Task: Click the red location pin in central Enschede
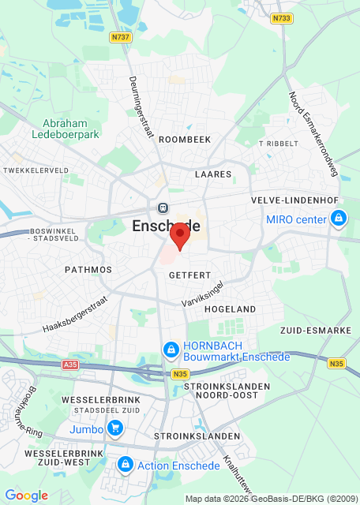coord(180,235)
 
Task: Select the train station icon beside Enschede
coord(163,208)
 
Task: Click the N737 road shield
coord(121,36)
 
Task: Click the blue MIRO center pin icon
coord(339,218)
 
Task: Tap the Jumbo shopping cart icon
coord(116,429)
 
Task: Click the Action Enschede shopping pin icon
coord(124,465)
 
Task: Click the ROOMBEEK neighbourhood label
coord(186,139)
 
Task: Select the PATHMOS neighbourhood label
coord(88,269)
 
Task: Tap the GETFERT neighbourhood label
coord(189,275)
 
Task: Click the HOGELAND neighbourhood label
coord(231,309)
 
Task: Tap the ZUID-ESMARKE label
coord(315,330)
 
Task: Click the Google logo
coord(27,496)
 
